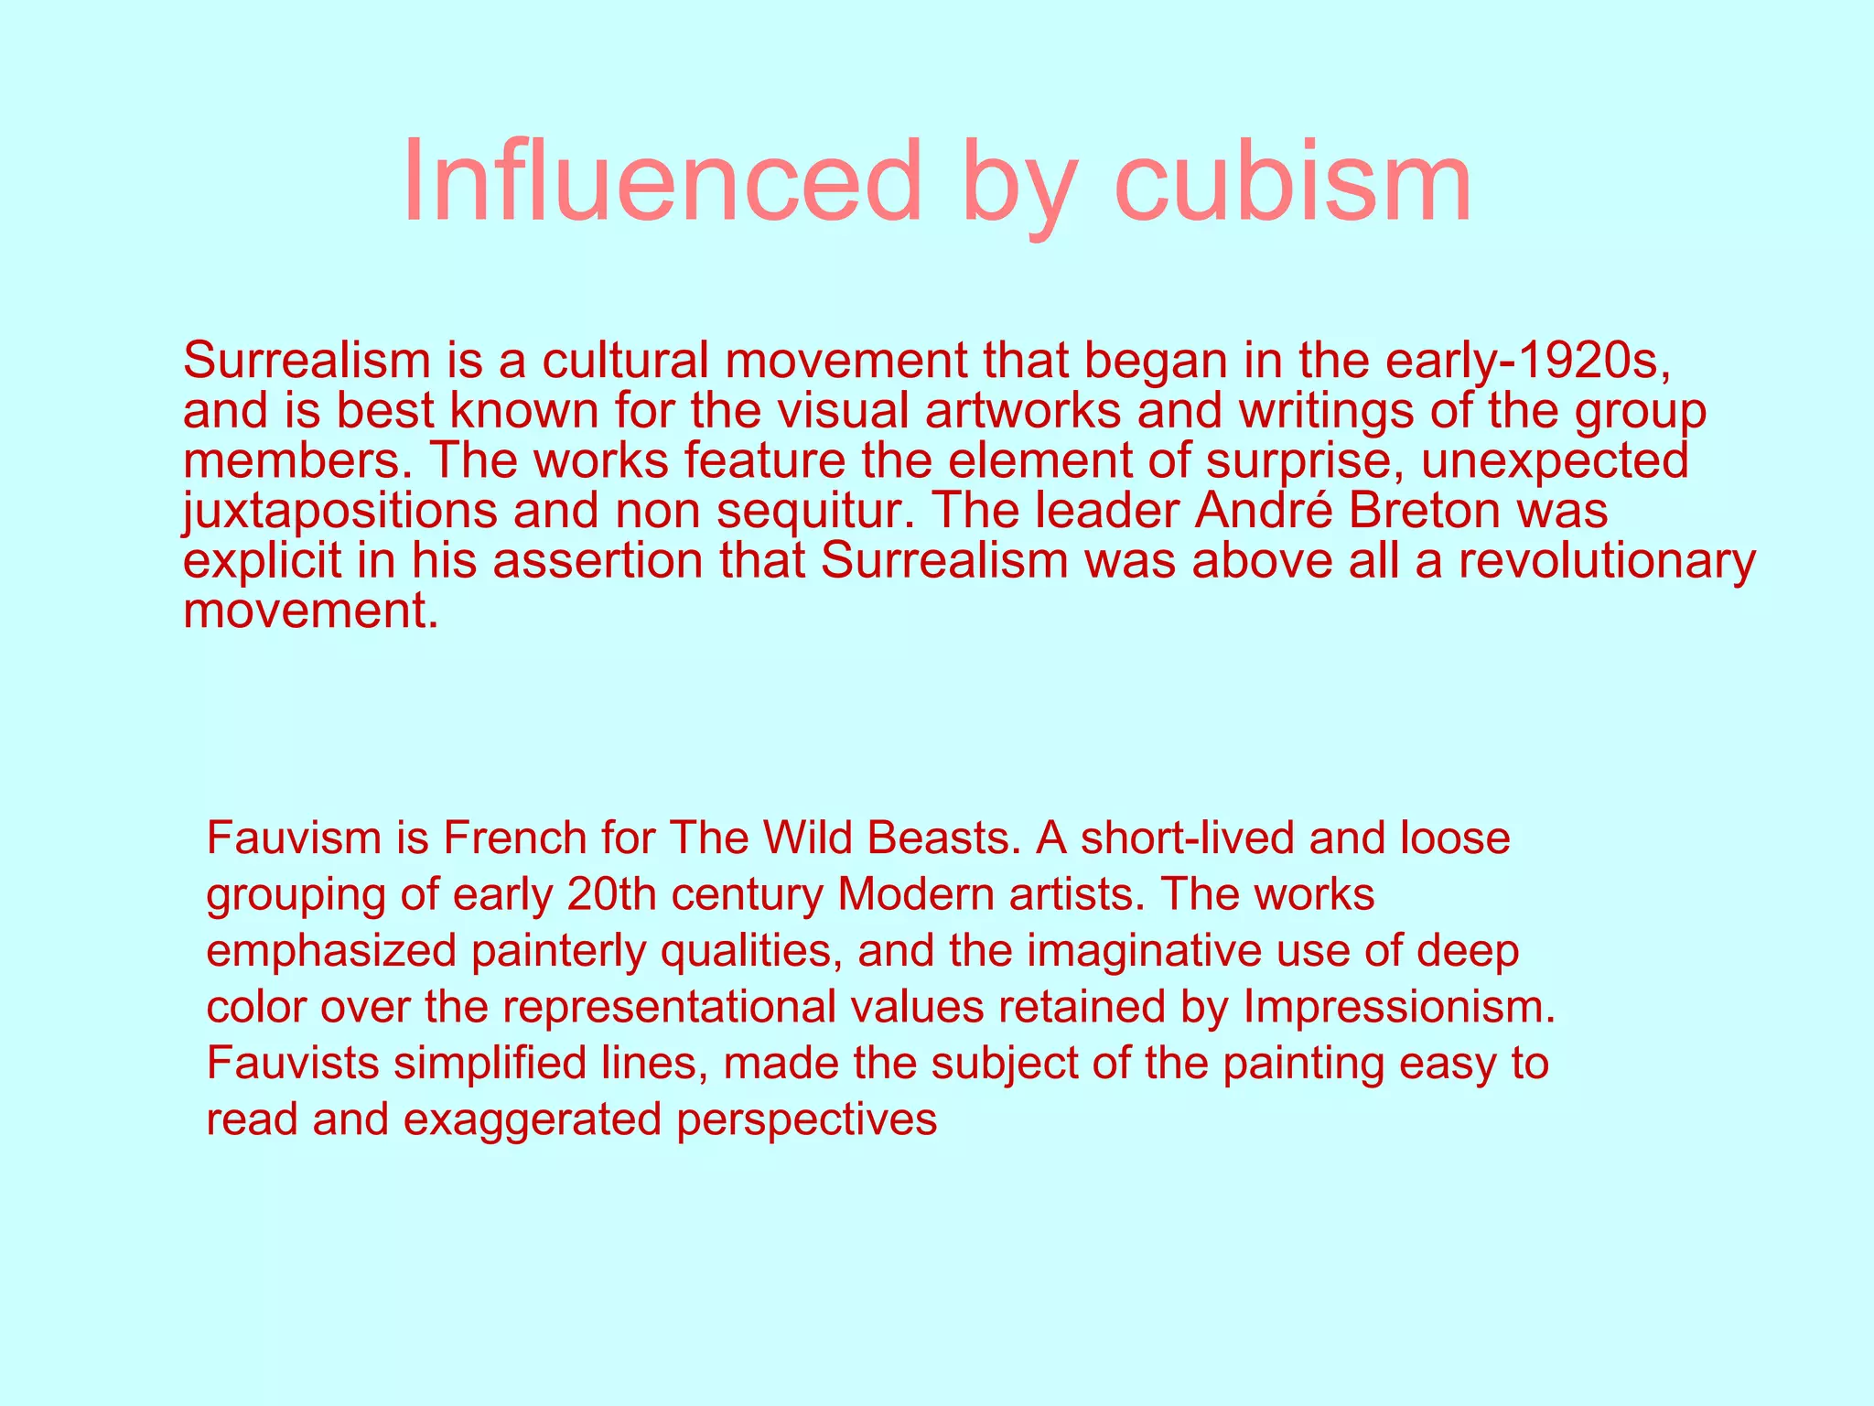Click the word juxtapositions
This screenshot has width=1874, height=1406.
click(x=339, y=511)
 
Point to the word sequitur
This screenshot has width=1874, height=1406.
click(x=814, y=511)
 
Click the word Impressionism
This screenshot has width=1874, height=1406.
click(x=1399, y=1007)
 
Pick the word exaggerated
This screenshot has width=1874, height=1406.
click(x=532, y=1119)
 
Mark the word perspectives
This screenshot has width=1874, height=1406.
click(x=806, y=1119)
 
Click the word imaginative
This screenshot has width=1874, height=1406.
click(x=1147, y=951)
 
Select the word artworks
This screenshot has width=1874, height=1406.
click(x=1023, y=411)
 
